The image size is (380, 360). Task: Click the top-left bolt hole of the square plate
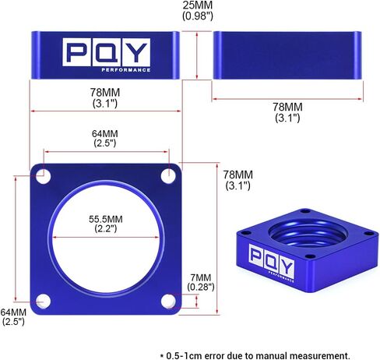coord(43,176)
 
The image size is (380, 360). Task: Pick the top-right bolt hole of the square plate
coord(168,176)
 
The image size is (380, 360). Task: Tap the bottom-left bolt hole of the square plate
coord(43,302)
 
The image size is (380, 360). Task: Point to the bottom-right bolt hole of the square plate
coord(168,302)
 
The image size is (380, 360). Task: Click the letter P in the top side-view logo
coord(77,52)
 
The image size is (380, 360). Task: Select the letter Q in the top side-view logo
coord(107,52)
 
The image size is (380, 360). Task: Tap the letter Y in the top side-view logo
coord(136,52)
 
